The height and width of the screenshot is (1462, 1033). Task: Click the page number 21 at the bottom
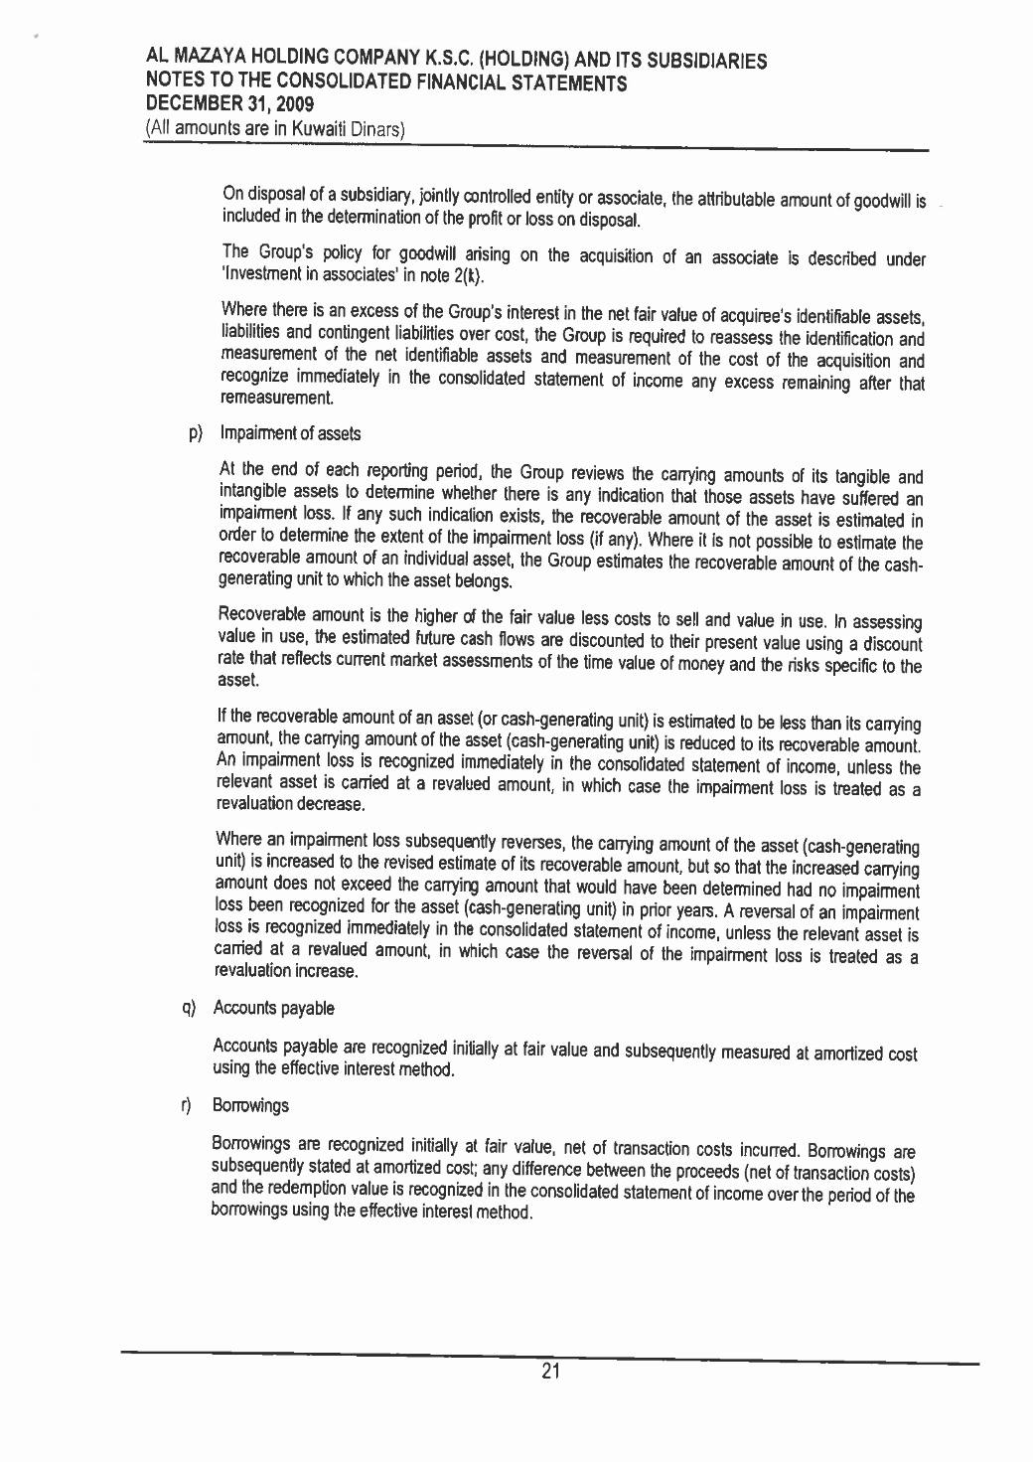(x=551, y=1373)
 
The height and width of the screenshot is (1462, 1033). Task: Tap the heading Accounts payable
(x=274, y=1009)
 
